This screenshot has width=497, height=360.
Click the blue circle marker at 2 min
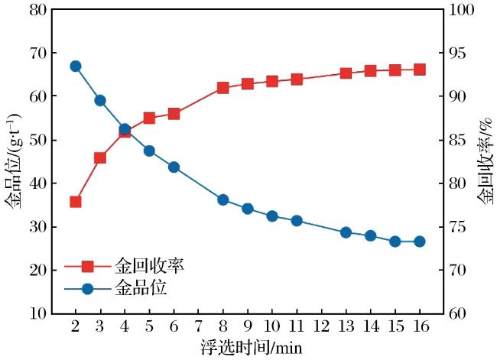76,66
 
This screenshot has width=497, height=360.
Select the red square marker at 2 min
76,202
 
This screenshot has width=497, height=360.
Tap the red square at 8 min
223,88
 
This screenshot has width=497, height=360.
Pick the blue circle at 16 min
420,242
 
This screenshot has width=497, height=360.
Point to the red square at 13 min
346,73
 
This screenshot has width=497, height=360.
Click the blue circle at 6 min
174,167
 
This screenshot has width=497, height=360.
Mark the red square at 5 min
149,118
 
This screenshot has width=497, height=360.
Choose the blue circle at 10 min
272,216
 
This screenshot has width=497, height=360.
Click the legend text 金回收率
149,265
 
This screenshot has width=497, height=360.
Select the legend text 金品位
141,288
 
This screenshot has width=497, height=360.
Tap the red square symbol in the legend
87,266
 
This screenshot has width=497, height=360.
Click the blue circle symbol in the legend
87,289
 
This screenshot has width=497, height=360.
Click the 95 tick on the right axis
457,53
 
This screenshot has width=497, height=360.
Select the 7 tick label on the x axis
199,326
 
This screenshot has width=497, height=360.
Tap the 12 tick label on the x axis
321,326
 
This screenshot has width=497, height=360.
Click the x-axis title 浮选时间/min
251,348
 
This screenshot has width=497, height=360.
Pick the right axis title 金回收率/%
486,160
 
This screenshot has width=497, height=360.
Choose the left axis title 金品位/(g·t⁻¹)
13,161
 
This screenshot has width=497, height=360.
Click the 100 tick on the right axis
462,9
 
